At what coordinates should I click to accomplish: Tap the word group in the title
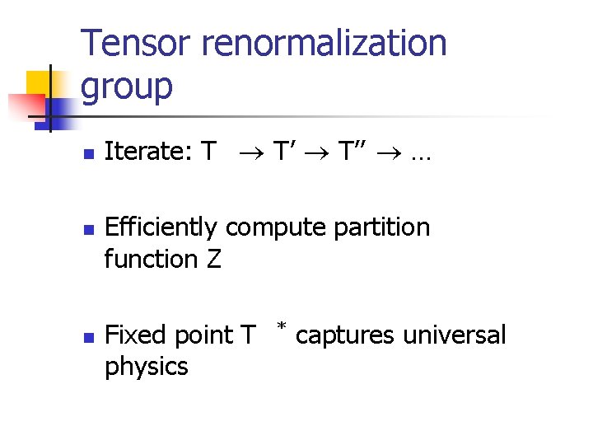click(x=128, y=86)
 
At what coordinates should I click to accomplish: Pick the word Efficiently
click(x=161, y=227)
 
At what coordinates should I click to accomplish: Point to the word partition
click(x=383, y=227)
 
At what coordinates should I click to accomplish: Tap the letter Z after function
click(x=214, y=259)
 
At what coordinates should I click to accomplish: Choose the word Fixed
click(x=135, y=335)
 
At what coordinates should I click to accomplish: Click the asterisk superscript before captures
click(x=282, y=329)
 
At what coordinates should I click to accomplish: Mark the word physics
click(x=147, y=368)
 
